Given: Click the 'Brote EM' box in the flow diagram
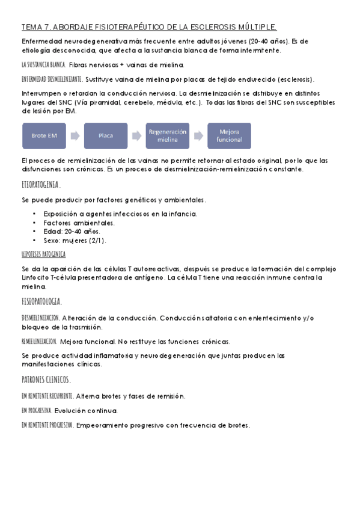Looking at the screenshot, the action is click(x=44, y=136).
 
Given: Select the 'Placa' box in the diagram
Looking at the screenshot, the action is click(x=106, y=136).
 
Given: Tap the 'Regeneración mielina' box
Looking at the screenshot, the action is click(x=167, y=136).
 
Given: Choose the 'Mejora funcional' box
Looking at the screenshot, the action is click(x=229, y=136).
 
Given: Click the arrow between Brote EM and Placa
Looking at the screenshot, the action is click(x=75, y=136).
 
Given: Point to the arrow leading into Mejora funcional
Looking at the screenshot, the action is click(x=198, y=136).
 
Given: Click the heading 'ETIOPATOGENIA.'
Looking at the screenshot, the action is click(x=41, y=186).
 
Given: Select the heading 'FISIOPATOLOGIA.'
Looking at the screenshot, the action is click(x=41, y=301).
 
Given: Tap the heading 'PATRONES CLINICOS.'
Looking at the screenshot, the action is click(x=46, y=380).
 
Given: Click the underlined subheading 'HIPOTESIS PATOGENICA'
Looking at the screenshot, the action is click(x=43, y=254).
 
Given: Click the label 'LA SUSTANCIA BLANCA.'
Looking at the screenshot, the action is click(x=43, y=64).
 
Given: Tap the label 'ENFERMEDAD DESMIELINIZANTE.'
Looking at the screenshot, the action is click(x=52, y=79).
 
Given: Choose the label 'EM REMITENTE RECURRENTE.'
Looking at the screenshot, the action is click(x=47, y=396).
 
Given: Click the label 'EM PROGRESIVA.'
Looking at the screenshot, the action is click(x=36, y=411).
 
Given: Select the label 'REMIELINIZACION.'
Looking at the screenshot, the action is click(x=39, y=341).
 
